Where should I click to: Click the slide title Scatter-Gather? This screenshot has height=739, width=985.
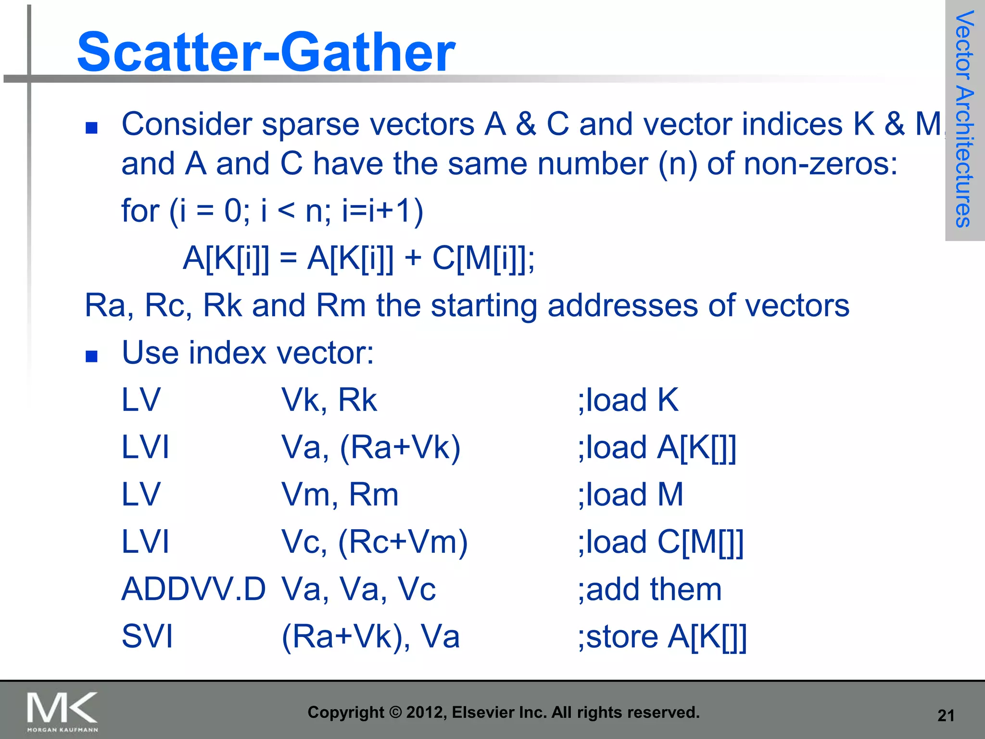point(266,52)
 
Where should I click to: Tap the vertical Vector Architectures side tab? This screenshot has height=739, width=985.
point(964,119)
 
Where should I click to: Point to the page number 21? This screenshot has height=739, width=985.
point(946,715)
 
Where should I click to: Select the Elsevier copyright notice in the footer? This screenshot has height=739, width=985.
point(504,712)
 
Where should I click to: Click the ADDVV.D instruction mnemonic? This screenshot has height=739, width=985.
point(193,589)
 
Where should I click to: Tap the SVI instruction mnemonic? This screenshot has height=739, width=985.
point(147,636)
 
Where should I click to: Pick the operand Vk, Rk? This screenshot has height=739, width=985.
point(329,400)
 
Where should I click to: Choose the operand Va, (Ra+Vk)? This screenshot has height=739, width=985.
point(371,447)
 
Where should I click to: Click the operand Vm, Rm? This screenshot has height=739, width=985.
point(340,495)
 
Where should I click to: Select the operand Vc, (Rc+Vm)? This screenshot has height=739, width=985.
point(374,542)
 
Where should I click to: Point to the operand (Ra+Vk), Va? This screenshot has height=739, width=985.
point(371,636)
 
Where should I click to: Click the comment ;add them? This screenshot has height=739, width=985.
point(650,589)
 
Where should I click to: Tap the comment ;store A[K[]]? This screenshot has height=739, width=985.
point(662,636)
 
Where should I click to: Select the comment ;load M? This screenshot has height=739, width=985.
point(631,495)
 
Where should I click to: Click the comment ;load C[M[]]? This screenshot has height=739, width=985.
point(660,542)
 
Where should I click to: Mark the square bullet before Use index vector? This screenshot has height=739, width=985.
point(91,356)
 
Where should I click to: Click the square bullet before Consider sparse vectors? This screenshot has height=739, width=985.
point(91,127)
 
